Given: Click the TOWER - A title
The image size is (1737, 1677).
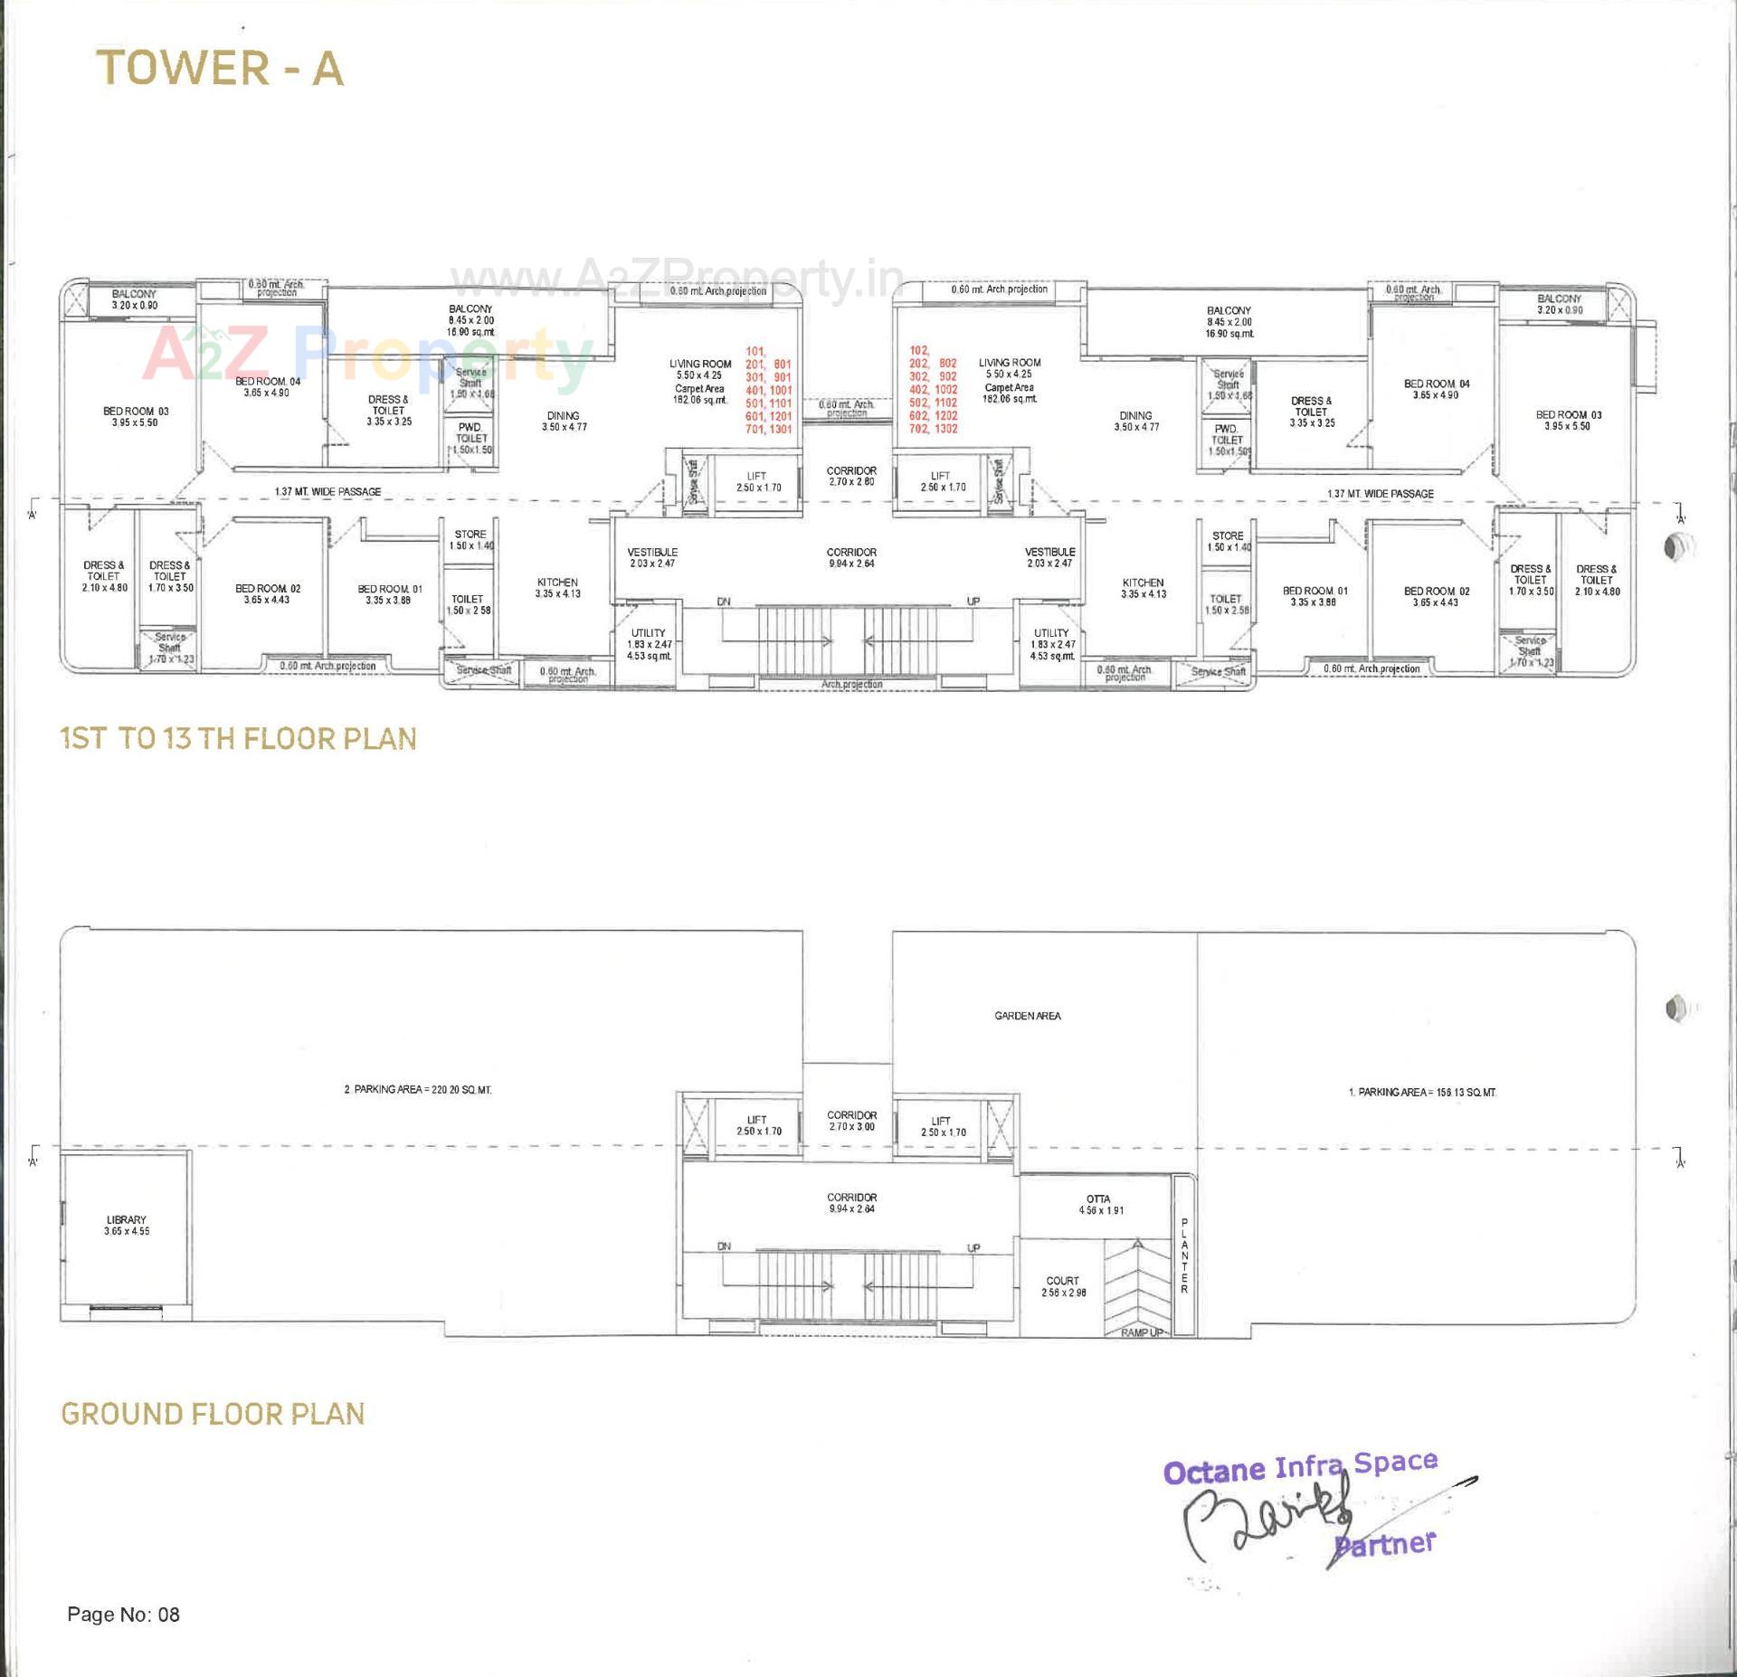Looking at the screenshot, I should click(220, 68).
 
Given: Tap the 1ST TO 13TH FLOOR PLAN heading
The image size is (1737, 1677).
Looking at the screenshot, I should click(239, 739).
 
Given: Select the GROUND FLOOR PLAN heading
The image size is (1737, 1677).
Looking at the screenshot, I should click(213, 1414).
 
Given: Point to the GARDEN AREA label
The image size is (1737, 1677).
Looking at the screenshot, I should click(1028, 1016).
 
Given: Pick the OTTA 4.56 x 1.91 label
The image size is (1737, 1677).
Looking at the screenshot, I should click(1098, 1204).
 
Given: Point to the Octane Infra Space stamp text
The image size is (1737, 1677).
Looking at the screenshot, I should click(1300, 1466).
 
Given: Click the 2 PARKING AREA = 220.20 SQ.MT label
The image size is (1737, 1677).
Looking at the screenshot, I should click(417, 1090).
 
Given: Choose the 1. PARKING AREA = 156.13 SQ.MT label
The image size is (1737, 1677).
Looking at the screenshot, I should click(1421, 1093).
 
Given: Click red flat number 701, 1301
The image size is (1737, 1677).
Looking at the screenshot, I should click(768, 429).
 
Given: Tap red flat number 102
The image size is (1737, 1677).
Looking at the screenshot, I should click(919, 351).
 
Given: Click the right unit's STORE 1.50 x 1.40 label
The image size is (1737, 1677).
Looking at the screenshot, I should click(1228, 541).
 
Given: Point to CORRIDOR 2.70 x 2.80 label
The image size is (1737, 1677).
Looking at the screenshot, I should click(851, 476).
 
